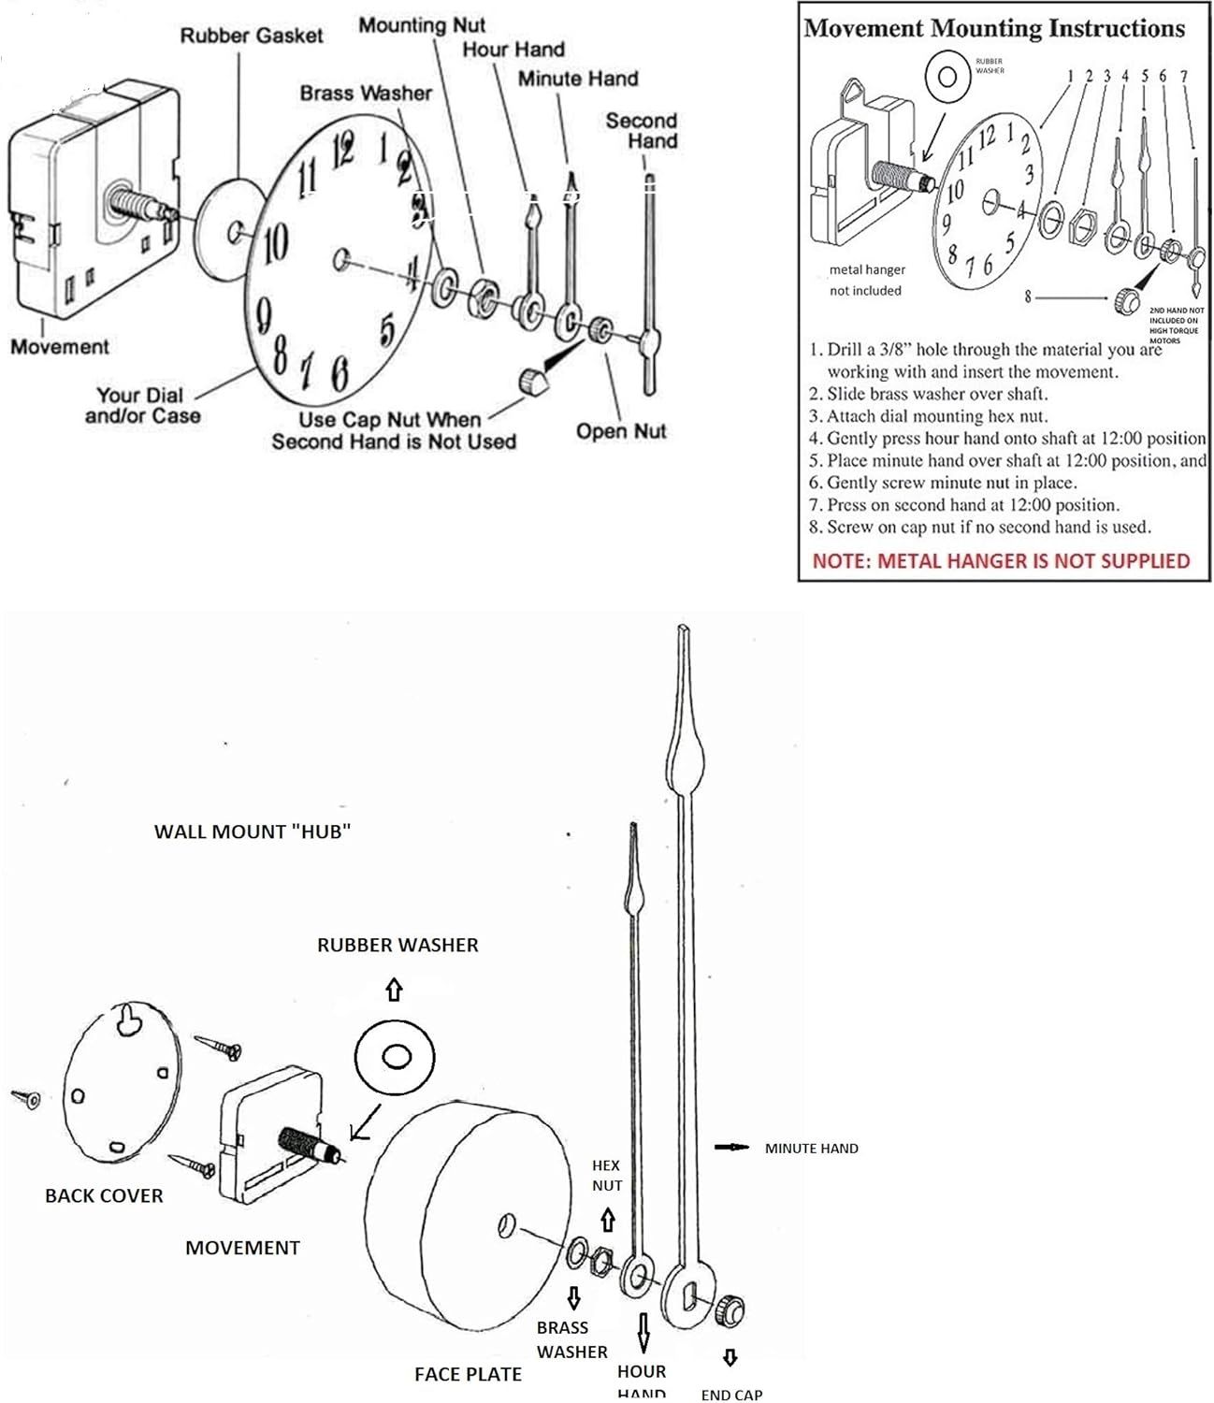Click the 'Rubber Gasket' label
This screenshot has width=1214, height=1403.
point(251,36)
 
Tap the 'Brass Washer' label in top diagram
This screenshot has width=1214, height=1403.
point(366,94)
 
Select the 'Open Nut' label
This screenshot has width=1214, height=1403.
point(621,431)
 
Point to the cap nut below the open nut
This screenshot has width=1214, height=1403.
point(533,381)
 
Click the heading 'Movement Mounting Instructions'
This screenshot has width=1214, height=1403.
point(994,29)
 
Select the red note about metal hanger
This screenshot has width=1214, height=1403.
point(1001,561)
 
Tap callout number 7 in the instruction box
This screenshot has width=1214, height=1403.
point(1183,76)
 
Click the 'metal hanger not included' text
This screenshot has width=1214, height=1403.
point(866,280)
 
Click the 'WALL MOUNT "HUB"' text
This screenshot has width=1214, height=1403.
point(253,832)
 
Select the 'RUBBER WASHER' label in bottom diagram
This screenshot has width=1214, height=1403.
point(397,946)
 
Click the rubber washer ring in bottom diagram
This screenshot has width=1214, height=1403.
point(396,1056)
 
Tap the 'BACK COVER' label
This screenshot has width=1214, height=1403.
point(104,1195)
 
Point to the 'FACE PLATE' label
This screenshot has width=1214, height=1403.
point(468,1374)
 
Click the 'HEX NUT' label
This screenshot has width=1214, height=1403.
point(606,1175)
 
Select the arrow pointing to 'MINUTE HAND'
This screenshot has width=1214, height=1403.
point(731,1148)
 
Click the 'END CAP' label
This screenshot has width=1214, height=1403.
point(731,1394)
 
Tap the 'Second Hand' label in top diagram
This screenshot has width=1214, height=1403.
point(642,131)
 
